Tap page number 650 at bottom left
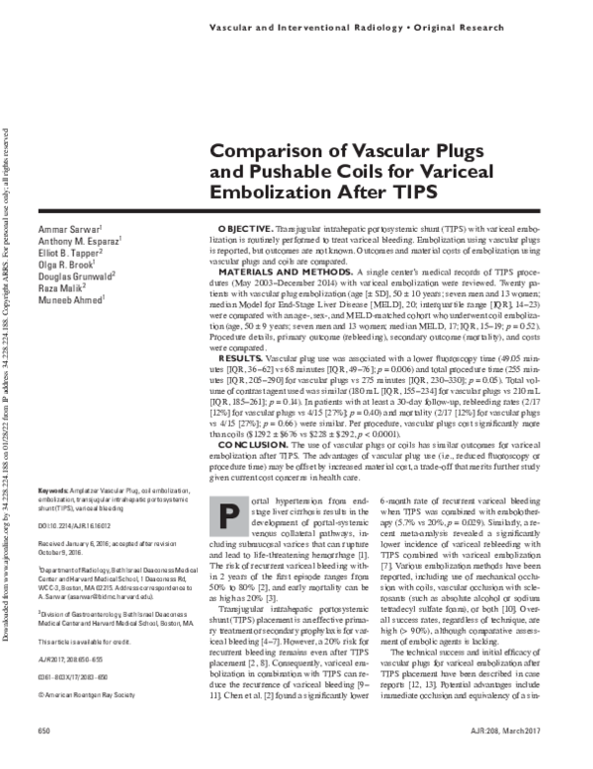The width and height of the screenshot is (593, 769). point(42,755)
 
